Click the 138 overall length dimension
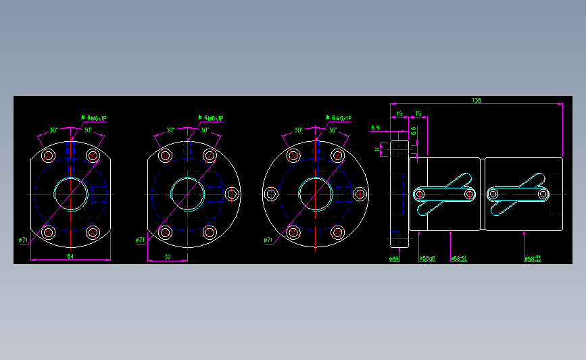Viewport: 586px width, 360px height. click(477, 101)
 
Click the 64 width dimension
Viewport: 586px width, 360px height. click(70, 257)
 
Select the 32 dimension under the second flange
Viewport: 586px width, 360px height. click(167, 257)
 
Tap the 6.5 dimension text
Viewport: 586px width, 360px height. click(376, 127)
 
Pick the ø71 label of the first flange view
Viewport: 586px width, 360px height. click(23, 240)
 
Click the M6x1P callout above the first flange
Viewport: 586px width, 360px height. click(94, 119)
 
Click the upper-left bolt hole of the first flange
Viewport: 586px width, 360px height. click(49, 156)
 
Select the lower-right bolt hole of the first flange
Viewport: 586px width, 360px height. click(93, 233)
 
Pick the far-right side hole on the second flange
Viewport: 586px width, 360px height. click(232, 194)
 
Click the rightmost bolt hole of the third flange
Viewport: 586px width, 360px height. click(359, 194)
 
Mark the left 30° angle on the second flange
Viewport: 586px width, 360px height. click(171, 130)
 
